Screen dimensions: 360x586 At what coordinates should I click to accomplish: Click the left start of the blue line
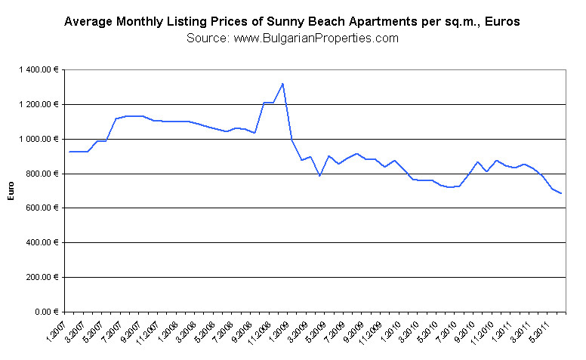click(69, 152)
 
